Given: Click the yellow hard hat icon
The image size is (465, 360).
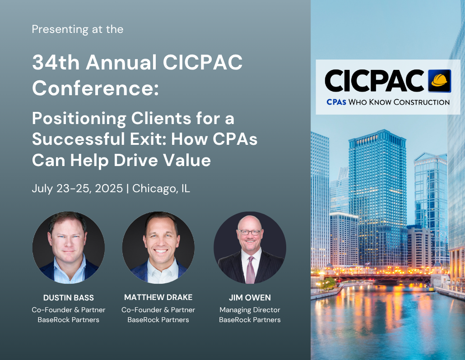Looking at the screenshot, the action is (x=440, y=81).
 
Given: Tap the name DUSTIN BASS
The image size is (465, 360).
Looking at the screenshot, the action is (x=69, y=297).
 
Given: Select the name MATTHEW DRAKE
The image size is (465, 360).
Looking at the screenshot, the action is (x=158, y=297).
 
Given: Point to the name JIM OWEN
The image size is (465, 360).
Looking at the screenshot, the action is (x=250, y=297).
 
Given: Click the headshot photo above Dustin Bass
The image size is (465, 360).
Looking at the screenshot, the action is (x=69, y=247).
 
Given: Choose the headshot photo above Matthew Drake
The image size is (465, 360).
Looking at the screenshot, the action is (x=158, y=247).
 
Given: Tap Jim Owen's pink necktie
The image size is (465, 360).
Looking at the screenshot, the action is (x=251, y=270).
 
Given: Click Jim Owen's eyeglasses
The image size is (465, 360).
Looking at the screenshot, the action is (x=249, y=232).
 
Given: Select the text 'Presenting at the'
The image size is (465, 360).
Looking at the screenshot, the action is (x=77, y=29).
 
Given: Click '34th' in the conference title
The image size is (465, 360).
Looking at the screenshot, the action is (x=56, y=62).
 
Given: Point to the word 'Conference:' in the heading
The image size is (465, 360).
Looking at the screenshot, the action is (x=96, y=88).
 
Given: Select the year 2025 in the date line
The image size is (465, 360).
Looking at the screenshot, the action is (x=108, y=189).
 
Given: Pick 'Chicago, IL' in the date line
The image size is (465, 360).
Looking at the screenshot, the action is (x=161, y=189).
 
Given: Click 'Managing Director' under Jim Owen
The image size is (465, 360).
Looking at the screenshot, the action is (x=250, y=310).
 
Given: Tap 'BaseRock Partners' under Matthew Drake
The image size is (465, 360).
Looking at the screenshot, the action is (x=158, y=320).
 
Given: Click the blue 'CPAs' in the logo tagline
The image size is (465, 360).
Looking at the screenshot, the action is (x=336, y=102).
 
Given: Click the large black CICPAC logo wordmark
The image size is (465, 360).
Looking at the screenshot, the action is (x=374, y=81).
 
